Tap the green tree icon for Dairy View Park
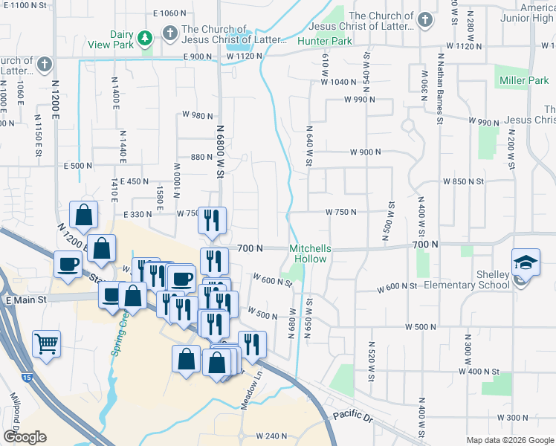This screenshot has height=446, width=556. coord(147,36)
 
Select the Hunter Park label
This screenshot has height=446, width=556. coord(325,42)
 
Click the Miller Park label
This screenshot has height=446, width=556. coord(524,80)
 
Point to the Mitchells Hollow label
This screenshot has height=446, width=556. coord(310,254)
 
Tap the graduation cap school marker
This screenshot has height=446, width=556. coord(526,262)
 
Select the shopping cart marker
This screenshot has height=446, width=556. coord(47,343)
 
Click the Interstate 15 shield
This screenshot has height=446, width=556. coord(27,378)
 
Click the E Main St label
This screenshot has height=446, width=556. coord(26,300)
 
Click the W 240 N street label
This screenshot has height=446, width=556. coord(271,436)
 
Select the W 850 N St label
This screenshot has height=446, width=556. coord(464,181)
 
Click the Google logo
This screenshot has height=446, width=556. coord(25,437)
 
